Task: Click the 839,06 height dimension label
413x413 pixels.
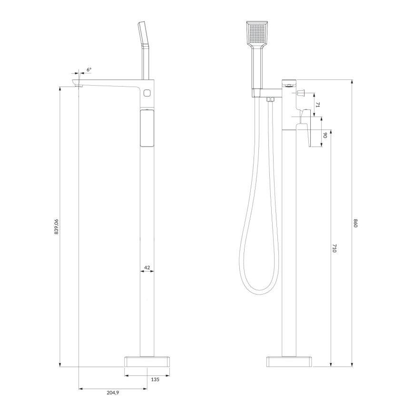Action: tap(56, 227)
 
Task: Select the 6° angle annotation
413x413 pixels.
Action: tap(89, 69)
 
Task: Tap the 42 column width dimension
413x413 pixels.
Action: tap(147, 268)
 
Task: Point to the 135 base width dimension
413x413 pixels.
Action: tap(154, 379)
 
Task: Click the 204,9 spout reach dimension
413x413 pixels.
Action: tap(113, 393)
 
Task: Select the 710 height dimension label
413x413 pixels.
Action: tap(334, 248)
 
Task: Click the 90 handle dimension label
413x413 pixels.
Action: tap(325, 136)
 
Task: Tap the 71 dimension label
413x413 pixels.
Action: tap(318, 105)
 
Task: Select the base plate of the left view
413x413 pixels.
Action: tap(147, 361)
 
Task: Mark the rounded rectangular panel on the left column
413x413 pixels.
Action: tap(147, 128)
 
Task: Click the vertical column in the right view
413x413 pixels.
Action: tap(289, 238)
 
